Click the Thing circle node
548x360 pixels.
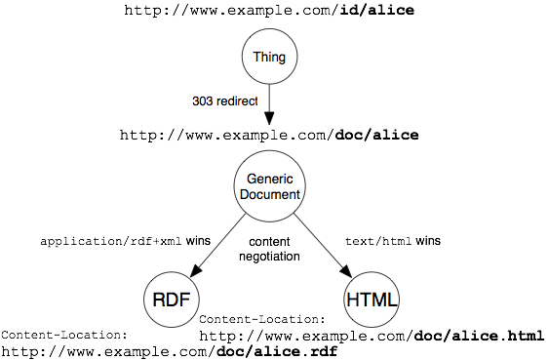(x=269, y=58)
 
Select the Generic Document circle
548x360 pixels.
(x=269, y=185)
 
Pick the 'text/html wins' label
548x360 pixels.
(x=393, y=241)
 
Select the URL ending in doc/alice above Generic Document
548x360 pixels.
(x=268, y=136)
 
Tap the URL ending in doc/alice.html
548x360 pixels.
(x=371, y=336)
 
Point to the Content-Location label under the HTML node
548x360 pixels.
(x=262, y=318)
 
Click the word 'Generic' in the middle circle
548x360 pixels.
(x=269, y=178)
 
